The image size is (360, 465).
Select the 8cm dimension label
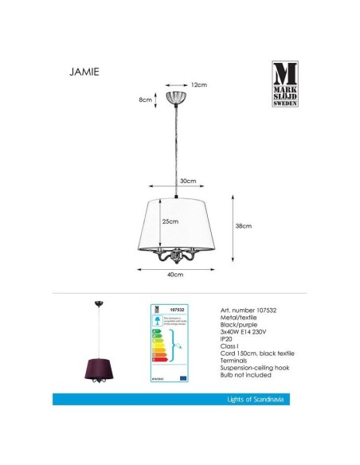pos(144,100)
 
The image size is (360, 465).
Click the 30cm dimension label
pos(187,182)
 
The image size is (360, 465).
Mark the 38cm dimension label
pos(245,227)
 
